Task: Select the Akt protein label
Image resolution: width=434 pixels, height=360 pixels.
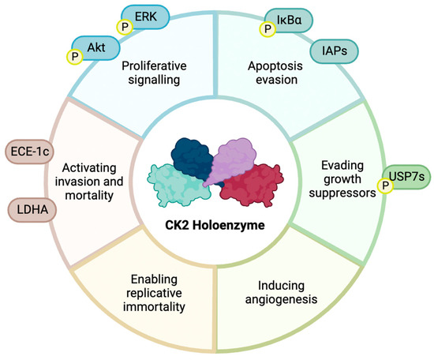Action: [x=96, y=48]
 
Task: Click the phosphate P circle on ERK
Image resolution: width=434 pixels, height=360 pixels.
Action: [x=123, y=27]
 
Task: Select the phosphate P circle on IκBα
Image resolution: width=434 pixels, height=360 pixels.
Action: [x=268, y=29]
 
